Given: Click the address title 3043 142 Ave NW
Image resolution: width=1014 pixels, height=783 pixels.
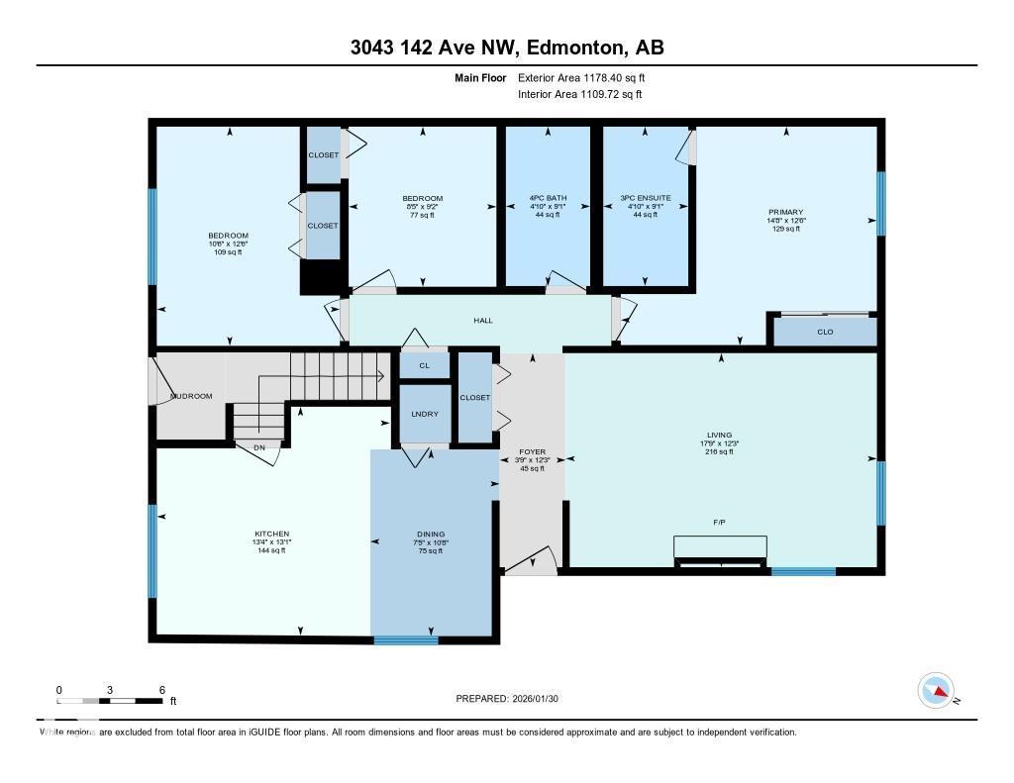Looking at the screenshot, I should point(507,48).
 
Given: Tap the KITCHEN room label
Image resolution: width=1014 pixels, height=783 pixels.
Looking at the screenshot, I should point(270,535).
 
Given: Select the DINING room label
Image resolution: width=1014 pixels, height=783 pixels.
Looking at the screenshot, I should point(429,535).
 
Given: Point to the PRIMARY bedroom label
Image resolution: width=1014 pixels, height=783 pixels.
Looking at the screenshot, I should point(785,212).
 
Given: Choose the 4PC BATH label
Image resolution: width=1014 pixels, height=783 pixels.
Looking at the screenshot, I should point(547,198).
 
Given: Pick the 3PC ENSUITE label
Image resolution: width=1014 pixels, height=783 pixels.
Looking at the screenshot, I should point(646,198).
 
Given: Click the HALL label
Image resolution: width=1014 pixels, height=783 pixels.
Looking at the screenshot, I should point(482,320).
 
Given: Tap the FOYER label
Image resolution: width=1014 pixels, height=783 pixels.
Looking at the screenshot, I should point(533,451).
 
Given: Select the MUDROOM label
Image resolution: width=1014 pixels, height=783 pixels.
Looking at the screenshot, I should point(191,396).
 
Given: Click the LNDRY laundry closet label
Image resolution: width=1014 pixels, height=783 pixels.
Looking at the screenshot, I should point(425,414).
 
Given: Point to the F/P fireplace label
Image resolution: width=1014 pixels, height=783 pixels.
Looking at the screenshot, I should point(720,521).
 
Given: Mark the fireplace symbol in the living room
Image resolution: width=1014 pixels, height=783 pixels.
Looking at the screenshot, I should point(720,550).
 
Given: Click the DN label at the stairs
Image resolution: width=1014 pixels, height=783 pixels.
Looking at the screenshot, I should point(259,447).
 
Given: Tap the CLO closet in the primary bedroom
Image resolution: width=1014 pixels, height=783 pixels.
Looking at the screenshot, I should point(825,333).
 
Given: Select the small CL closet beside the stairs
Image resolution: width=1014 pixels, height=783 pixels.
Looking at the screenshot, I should point(425,365).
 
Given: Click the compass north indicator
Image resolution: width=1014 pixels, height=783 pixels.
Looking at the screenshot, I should point(937,690).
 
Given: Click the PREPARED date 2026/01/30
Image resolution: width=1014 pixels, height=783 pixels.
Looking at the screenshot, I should point(513,699).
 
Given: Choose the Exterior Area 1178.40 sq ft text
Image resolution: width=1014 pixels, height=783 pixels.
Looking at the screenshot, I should point(581,77).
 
